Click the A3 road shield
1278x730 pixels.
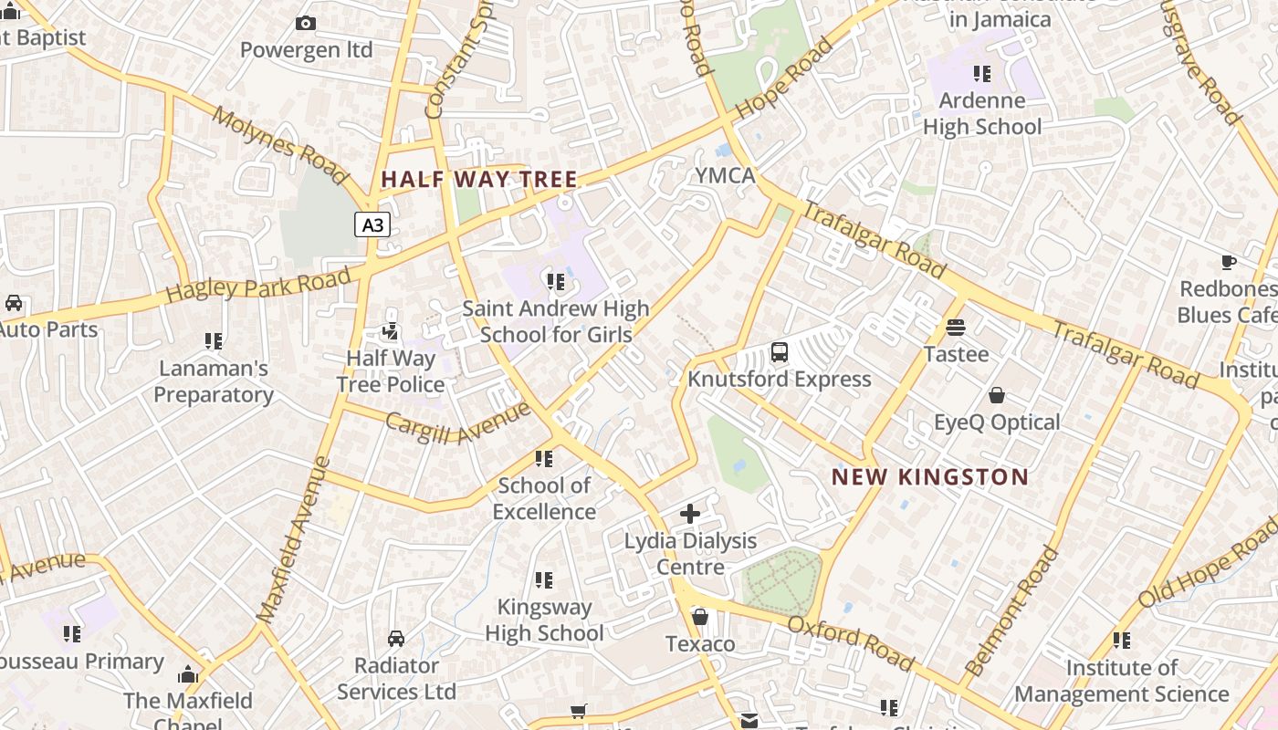372,224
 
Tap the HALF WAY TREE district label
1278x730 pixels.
479,180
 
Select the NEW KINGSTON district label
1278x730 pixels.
930,477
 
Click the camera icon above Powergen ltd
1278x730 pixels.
306,24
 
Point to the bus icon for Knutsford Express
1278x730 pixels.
780,352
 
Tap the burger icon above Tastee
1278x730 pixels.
956,327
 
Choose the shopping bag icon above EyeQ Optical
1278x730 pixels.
997,395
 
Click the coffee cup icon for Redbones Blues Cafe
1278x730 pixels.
1229,263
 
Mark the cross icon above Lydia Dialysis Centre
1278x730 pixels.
690,514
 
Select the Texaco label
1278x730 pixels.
700,644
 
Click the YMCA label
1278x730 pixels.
726,175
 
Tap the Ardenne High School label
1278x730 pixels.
982,114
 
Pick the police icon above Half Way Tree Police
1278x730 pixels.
390,331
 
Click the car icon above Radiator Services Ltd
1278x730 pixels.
396,638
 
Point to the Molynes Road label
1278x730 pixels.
279,144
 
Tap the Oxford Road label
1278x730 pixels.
850,642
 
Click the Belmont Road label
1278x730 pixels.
1013,610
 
